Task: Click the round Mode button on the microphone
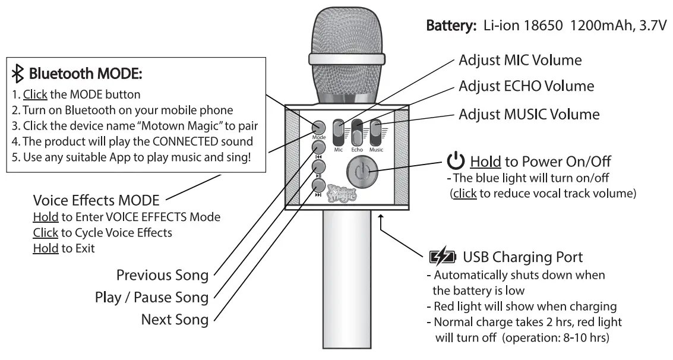319,127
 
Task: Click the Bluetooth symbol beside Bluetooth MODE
18,74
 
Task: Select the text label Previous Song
162,275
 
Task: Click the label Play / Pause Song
151,297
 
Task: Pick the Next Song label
175,319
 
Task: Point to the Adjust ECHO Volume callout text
526,86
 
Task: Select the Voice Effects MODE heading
96,201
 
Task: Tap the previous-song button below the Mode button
320,147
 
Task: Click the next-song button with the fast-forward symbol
320,185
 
